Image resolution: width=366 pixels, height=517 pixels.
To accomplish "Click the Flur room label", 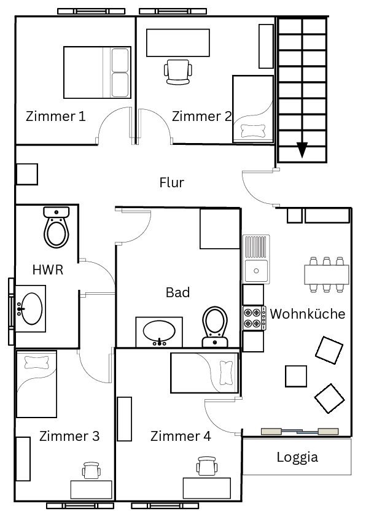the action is (171, 182).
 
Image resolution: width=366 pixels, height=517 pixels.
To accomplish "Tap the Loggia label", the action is (297, 457).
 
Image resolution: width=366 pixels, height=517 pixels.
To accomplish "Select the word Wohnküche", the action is (307, 314).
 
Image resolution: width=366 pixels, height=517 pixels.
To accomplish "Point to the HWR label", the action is (48, 270).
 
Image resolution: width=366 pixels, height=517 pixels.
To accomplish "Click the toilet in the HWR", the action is (56, 227).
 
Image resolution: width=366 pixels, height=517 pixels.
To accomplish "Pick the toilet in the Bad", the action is (215, 327).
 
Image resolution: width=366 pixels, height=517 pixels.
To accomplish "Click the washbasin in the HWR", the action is (30, 309).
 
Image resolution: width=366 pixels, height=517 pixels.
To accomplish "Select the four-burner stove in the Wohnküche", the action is (254, 318).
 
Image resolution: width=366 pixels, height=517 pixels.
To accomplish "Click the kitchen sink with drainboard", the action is (256, 259).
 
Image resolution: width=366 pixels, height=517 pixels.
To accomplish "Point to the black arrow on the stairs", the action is (302, 150).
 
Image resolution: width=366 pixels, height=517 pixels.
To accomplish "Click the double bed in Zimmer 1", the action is (97, 72).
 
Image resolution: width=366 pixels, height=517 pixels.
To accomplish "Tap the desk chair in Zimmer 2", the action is (178, 72).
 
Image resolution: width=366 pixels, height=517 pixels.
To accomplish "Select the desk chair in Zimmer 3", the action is (91, 470).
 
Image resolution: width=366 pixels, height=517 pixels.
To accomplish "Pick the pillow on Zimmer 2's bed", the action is (253, 131).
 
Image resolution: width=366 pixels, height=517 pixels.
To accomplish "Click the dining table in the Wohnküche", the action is (327, 274).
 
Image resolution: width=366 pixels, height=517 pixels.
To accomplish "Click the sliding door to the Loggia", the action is (300, 431).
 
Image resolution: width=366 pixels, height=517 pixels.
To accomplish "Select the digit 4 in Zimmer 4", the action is (207, 436).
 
